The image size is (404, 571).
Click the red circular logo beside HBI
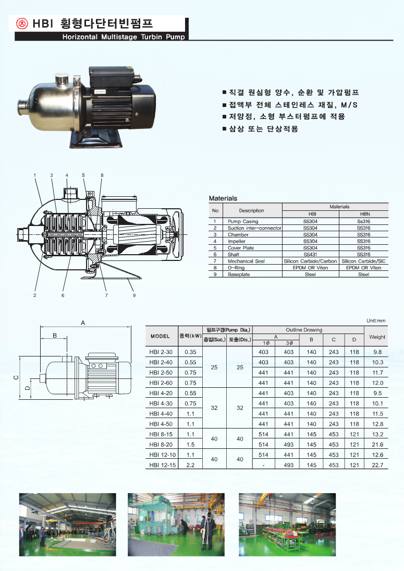pos(22,23)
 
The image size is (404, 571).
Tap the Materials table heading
pos(223,198)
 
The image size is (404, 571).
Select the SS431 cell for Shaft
pos(310,255)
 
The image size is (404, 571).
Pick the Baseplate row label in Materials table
pos(239,274)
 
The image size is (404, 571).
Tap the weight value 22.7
pos(377,465)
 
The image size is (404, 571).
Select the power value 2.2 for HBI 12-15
pos(190,465)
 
